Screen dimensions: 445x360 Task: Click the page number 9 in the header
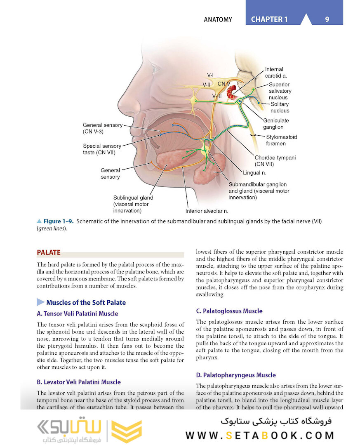click(327, 19)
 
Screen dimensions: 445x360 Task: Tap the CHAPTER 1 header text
click(269, 19)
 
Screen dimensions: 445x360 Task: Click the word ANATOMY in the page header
click(218, 19)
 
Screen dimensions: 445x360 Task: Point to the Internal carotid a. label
click(275, 73)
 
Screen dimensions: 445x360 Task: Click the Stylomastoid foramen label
click(281, 140)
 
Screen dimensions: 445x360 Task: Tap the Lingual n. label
click(254, 173)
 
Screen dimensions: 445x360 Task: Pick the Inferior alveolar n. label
click(207, 211)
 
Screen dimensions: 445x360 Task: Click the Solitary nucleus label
click(280, 107)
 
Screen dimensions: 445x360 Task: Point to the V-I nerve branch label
click(210, 75)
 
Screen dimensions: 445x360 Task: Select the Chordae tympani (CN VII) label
click(275, 161)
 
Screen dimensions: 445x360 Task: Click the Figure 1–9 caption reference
click(58, 221)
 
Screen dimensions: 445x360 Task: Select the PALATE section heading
click(49, 252)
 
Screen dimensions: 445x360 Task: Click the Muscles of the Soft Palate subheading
click(86, 302)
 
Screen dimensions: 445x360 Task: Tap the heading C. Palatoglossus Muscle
click(229, 311)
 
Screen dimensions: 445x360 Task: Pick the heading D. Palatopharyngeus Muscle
click(236, 375)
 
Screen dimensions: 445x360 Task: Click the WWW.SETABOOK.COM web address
click(259, 435)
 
